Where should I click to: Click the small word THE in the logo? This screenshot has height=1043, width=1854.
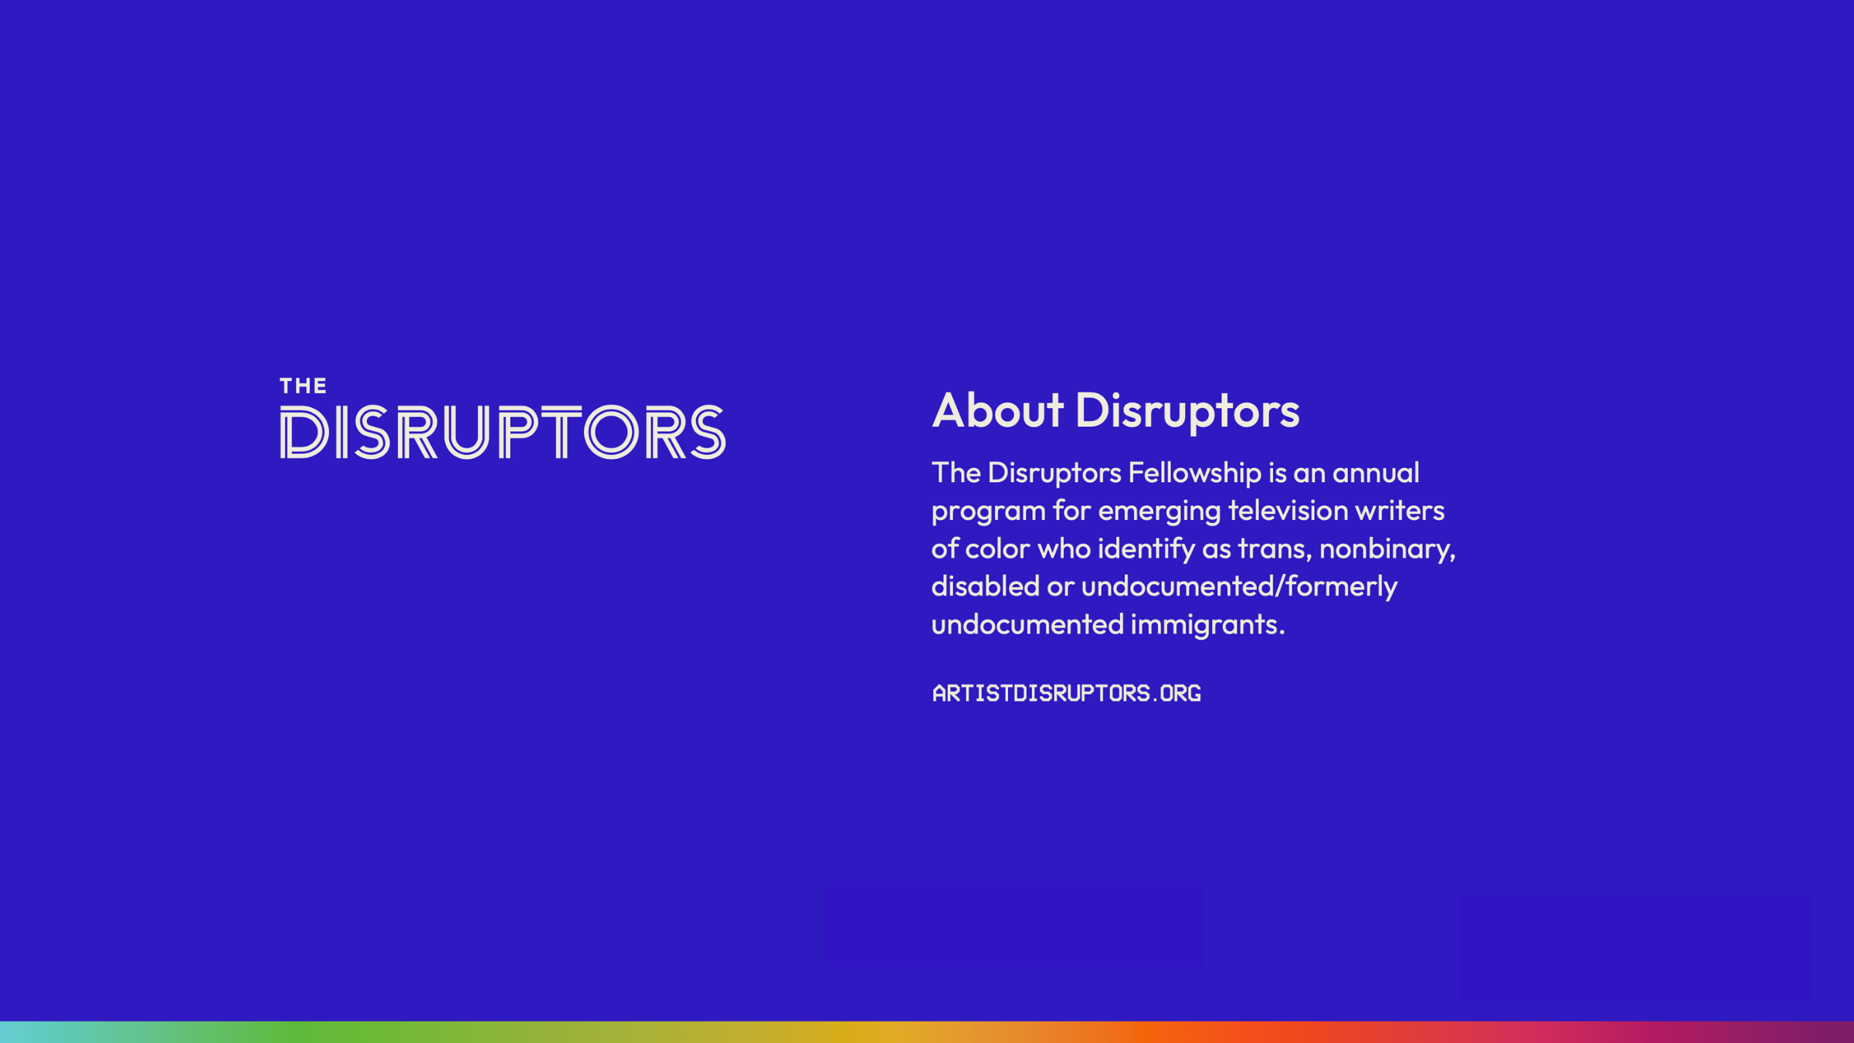(303, 386)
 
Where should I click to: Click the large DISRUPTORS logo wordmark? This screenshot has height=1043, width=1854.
(503, 432)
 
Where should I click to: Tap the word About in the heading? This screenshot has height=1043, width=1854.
(997, 409)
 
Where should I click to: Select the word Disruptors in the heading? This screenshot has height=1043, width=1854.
(1187, 409)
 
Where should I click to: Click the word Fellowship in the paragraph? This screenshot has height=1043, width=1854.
(1194, 472)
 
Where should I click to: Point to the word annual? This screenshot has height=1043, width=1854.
(1376, 472)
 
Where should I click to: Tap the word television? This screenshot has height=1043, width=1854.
(1288, 510)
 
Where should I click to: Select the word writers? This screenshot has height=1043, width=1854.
(1400, 510)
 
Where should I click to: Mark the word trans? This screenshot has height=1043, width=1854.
(1275, 549)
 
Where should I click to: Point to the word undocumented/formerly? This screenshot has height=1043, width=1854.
(1239, 586)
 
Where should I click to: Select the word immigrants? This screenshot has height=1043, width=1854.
(1207, 624)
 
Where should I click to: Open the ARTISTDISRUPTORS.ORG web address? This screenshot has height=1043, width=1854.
(1067, 693)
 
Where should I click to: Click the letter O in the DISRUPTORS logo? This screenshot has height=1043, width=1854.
(611, 432)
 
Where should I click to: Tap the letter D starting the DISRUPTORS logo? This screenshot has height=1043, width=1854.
(304, 433)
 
